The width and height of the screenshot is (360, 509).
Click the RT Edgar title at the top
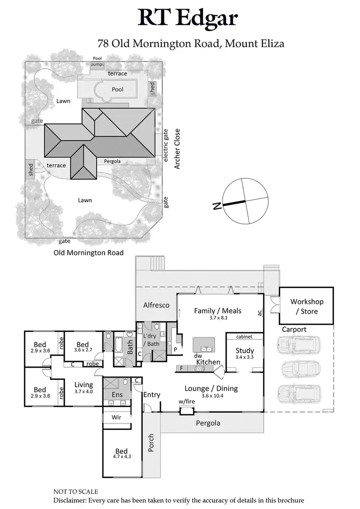(188, 18)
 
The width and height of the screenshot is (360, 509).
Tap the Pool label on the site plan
(118, 89)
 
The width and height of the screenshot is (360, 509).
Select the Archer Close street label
(177, 148)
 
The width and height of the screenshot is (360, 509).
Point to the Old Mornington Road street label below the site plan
(88, 253)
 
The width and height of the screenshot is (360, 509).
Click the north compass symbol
(245, 201)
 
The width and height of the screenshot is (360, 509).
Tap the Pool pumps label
(97, 61)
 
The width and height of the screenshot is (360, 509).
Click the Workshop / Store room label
(307, 306)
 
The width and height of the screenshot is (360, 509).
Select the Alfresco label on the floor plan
(156, 305)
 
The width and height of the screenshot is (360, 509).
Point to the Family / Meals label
(217, 311)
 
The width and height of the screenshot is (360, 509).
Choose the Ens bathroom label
(117, 395)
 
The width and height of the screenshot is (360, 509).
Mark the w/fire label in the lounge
(186, 401)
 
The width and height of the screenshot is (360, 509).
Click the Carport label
(294, 329)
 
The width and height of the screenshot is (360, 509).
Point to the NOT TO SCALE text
(76, 492)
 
